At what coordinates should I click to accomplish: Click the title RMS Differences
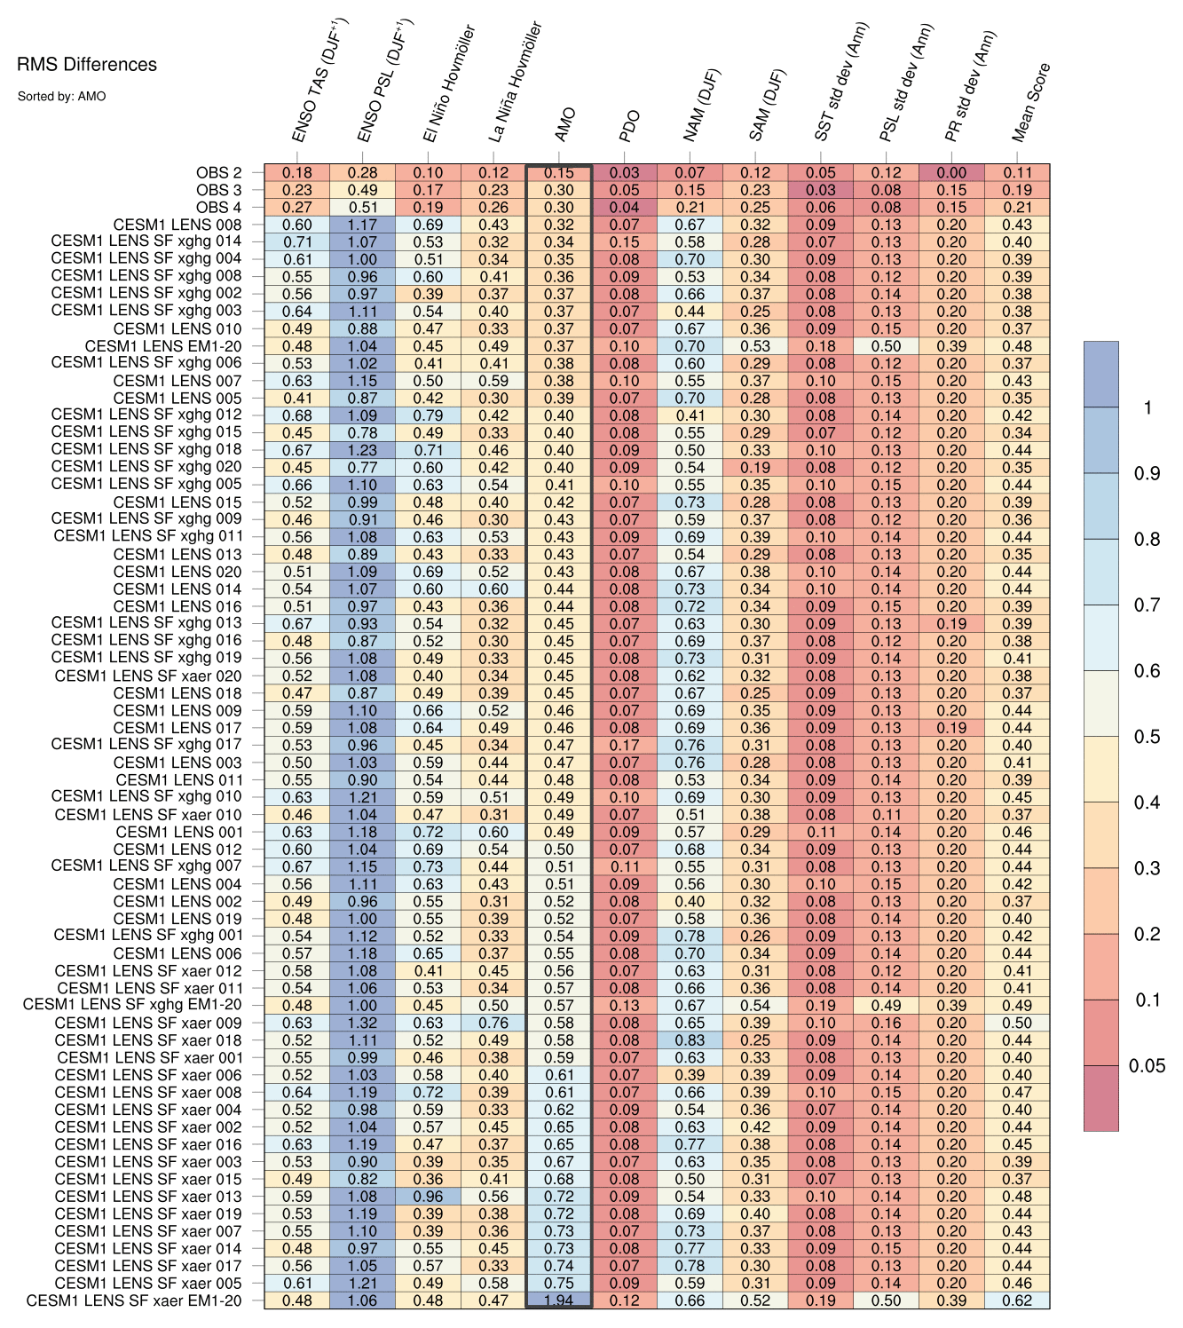coord(87,64)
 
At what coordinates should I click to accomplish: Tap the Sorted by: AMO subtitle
coord(61,96)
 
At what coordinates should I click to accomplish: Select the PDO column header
coord(629,127)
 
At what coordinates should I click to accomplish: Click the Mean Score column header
coord(1031,103)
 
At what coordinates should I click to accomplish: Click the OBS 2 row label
coord(218,173)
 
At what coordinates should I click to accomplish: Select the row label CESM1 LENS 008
coord(177,225)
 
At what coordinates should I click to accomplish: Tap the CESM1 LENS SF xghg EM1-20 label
coord(132,1005)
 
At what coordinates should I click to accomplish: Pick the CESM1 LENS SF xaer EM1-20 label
coord(134,1300)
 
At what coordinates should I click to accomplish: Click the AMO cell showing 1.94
coord(558,1300)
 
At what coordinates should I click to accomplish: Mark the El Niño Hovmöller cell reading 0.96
coord(428,1197)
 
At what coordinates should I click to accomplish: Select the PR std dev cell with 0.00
coord(951,173)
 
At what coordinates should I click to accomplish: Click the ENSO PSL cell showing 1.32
coord(362,1023)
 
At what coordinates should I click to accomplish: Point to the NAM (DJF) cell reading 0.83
coord(690,1040)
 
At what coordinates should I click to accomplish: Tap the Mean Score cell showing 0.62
coord(1017,1300)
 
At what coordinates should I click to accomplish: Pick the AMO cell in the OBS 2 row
coord(558,173)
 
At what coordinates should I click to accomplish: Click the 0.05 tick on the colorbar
coord(1147,1066)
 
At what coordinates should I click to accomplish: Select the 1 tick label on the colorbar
coord(1147,407)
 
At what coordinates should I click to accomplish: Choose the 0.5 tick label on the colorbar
coord(1147,737)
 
